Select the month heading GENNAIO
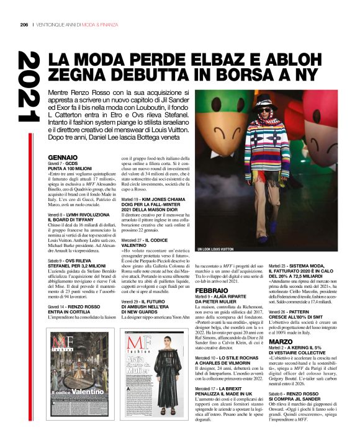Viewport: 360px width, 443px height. tap(63, 158)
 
